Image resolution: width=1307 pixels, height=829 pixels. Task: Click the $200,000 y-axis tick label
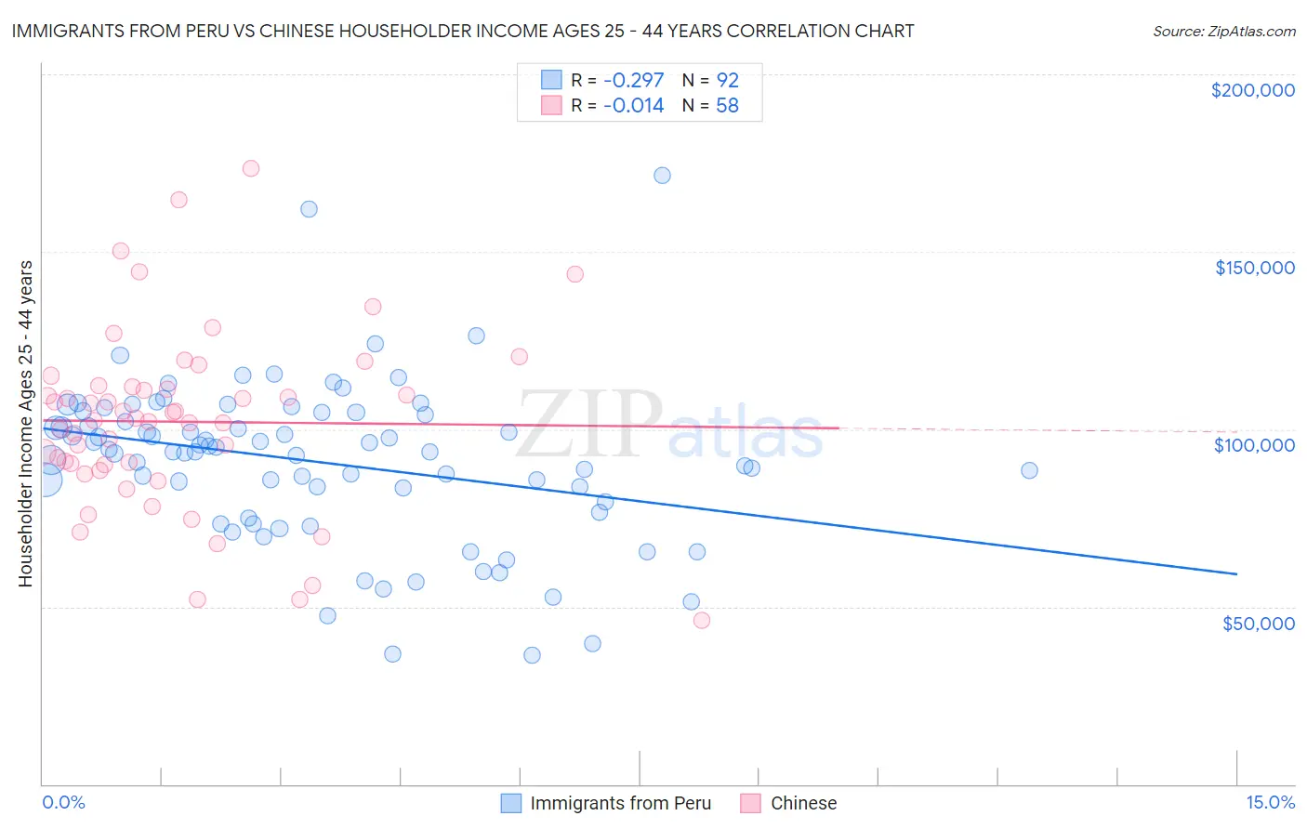(x=1252, y=90)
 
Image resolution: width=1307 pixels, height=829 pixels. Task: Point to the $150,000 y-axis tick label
(x=1254, y=268)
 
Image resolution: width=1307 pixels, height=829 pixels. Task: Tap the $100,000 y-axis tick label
(x=1254, y=445)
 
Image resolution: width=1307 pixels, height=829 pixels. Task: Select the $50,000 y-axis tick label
(x=1258, y=623)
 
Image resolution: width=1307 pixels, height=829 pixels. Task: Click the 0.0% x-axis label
(x=64, y=802)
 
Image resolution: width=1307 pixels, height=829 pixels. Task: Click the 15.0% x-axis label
(x=1270, y=802)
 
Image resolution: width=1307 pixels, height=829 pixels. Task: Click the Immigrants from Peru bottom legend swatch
(x=511, y=803)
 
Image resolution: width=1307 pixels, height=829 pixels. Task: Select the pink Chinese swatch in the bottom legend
(x=751, y=803)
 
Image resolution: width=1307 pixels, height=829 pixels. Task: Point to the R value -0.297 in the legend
(x=633, y=81)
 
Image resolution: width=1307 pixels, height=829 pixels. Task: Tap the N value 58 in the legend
(x=727, y=106)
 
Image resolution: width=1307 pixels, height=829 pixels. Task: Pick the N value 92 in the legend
(x=727, y=81)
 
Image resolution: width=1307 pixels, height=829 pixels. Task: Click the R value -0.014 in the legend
(x=633, y=106)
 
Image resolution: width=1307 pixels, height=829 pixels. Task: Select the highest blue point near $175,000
(x=662, y=176)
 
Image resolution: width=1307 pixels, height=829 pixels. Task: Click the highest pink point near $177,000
(x=250, y=168)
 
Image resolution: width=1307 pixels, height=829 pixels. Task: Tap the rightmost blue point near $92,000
(x=1029, y=470)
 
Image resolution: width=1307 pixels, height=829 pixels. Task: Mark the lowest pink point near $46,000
(x=702, y=620)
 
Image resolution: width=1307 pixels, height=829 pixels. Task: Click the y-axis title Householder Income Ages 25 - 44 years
(x=26, y=424)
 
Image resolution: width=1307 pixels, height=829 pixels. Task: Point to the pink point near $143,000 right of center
(x=574, y=274)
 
